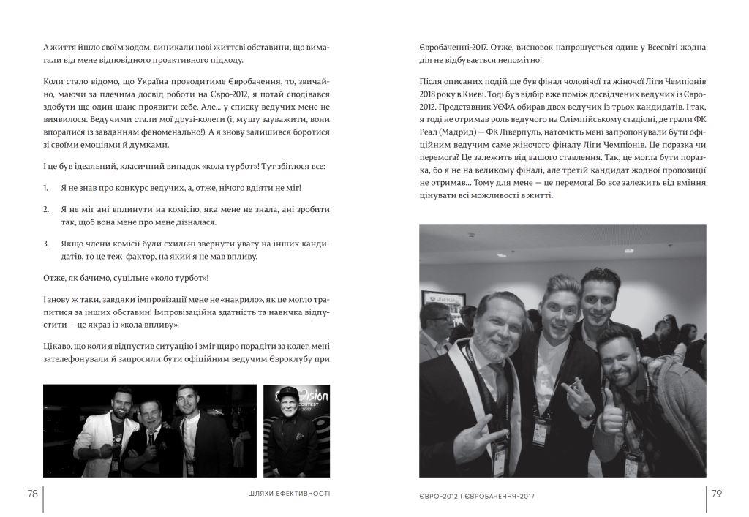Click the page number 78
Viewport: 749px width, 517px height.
point(32,494)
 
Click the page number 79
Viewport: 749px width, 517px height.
point(716,494)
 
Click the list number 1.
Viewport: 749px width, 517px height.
point(45,188)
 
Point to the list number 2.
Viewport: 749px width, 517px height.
point(45,209)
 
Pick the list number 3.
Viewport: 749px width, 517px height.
point(45,244)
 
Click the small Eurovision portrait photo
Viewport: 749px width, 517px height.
point(296,431)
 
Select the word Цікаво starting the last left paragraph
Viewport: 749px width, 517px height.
point(56,345)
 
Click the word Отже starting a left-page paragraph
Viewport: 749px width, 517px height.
point(55,277)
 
